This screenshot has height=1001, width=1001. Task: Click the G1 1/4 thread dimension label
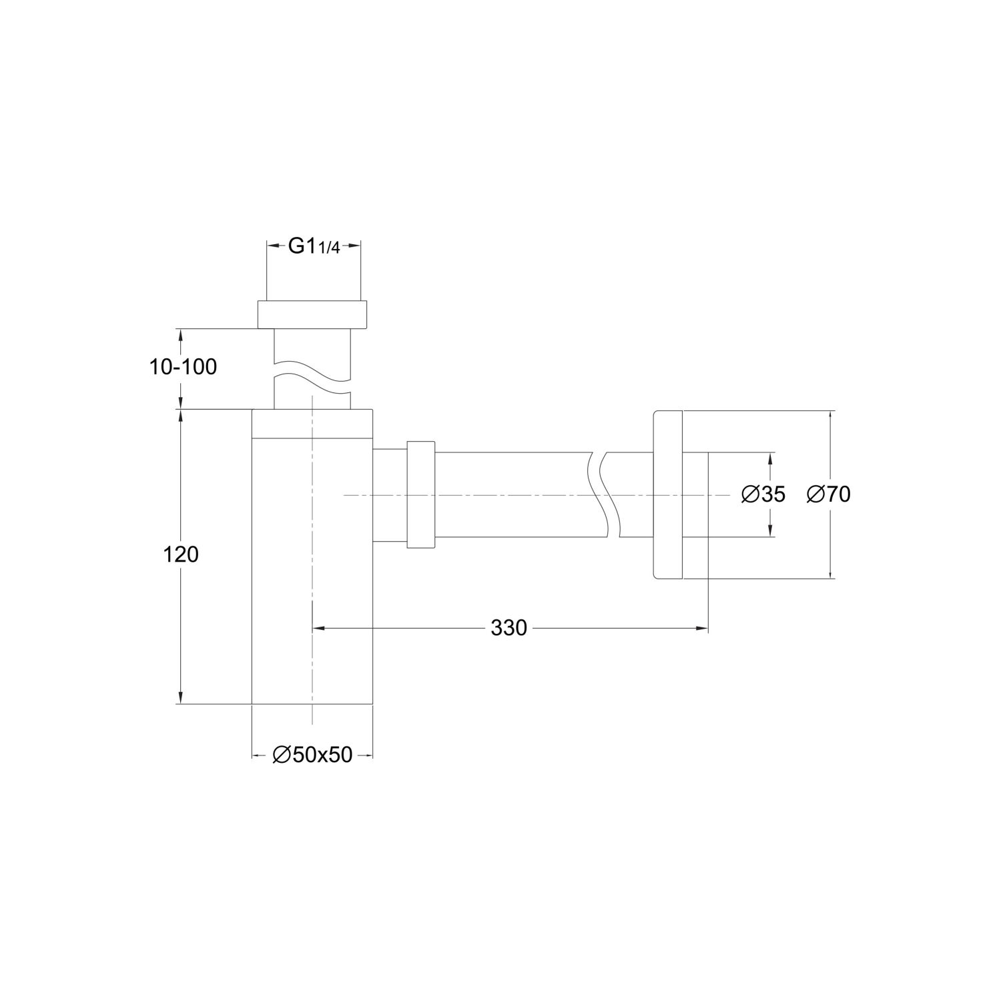click(314, 246)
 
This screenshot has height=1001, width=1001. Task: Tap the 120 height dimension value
click(181, 554)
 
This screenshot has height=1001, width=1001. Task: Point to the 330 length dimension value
click(509, 628)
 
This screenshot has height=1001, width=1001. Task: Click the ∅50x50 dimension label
click(312, 755)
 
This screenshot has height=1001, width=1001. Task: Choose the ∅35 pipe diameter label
click(763, 494)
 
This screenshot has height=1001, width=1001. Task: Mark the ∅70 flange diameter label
click(828, 494)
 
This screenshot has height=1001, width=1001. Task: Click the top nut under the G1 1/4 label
click(312, 315)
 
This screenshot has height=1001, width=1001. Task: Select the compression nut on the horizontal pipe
click(420, 494)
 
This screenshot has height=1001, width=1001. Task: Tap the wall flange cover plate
click(667, 494)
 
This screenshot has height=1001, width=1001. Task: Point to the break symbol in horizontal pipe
click(605, 494)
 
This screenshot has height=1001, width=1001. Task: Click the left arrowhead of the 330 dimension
click(318, 628)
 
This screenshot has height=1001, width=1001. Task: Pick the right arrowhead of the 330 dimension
click(702, 628)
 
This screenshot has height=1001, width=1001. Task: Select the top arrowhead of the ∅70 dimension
click(830, 416)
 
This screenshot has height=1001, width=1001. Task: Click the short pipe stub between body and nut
click(389, 494)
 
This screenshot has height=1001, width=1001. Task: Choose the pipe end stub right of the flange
click(695, 494)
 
